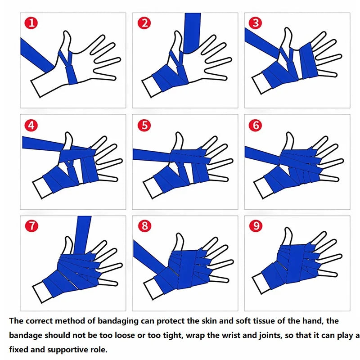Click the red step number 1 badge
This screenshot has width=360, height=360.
31,23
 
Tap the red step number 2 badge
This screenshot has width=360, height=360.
144,23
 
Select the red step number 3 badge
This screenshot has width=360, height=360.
255,23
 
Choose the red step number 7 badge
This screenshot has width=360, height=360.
31,226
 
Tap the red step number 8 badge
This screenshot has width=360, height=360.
144,226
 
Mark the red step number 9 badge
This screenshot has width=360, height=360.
255,226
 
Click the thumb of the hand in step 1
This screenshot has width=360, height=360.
67,40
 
